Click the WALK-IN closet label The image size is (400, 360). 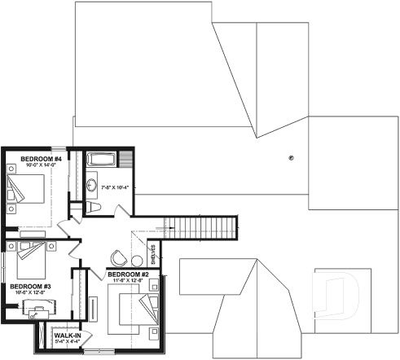pyautogui.click(x=67, y=334)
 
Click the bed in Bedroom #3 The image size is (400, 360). pyautogui.click(x=29, y=261)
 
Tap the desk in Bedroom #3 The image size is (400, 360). pyautogui.click(x=37, y=308)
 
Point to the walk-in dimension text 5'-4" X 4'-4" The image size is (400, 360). pyautogui.click(x=67, y=340)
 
